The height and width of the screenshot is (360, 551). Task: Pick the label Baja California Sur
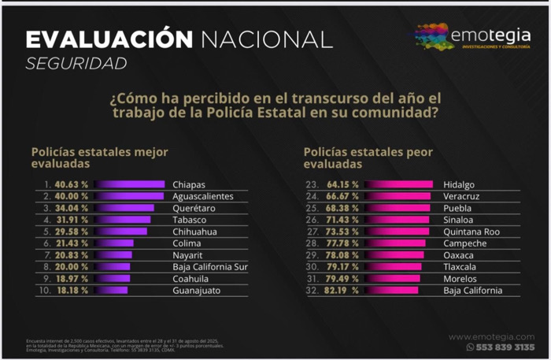tap(209, 267)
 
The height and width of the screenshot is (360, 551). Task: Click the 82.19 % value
tap(343, 291)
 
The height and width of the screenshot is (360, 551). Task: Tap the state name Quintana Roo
tap(471, 232)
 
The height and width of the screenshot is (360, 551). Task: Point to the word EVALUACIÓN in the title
tap(109, 39)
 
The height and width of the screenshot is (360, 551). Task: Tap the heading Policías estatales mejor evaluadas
tap(99, 158)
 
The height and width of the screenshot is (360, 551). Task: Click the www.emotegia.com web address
tap(491, 336)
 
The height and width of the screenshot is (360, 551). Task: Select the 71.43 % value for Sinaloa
tap(343, 220)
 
